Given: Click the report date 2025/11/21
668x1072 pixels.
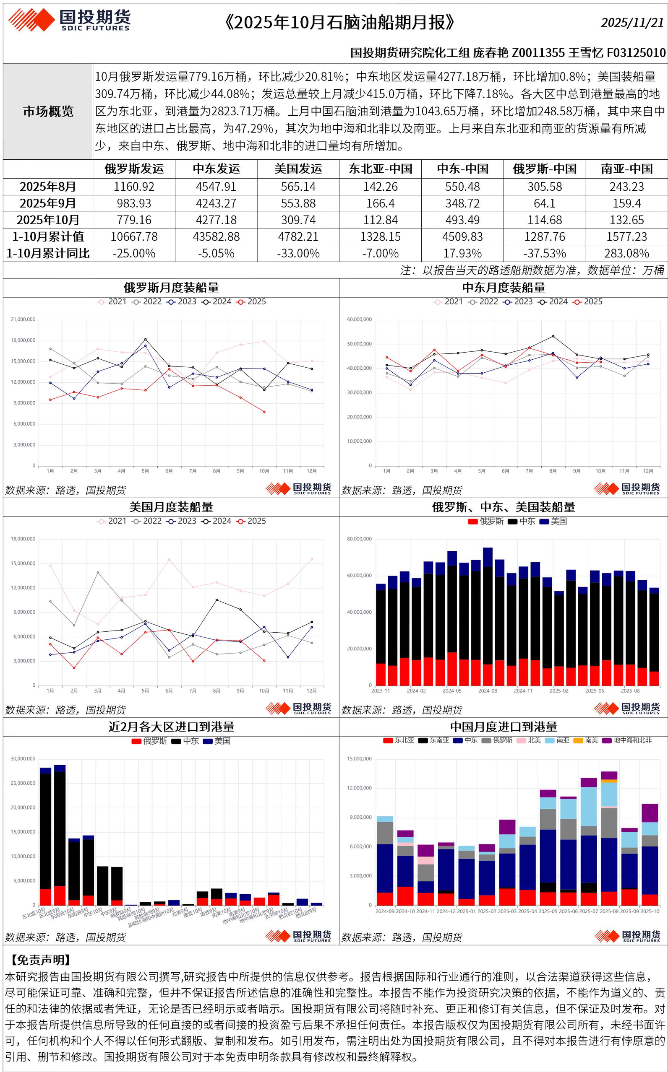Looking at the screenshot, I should click(x=632, y=22).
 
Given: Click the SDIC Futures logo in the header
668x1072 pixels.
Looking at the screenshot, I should click(x=70, y=20).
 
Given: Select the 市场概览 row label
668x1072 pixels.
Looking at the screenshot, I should click(x=48, y=111).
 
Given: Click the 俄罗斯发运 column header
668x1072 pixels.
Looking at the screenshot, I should click(x=134, y=169).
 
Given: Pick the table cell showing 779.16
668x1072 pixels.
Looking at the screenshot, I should click(x=134, y=220).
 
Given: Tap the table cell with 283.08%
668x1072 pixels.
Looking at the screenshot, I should click(x=626, y=253).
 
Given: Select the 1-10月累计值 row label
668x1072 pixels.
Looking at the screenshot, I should click(x=48, y=236).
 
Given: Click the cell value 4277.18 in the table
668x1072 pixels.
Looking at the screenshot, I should click(x=216, y=220).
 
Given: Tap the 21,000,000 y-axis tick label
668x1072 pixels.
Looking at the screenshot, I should click(x=23, y=319).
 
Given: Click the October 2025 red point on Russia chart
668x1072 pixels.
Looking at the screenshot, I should click(x=264, y=412).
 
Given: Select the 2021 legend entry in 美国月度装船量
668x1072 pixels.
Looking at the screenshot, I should click(x=112, y=521).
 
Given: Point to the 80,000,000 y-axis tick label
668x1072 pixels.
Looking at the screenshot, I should click(x=359, y=539).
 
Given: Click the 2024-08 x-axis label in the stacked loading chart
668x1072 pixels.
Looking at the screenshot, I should click(x=487, y=690).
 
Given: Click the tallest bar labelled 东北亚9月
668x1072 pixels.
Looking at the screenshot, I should click(x=60, y=834).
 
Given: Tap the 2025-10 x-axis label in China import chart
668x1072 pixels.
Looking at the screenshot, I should click(x=649, y=911).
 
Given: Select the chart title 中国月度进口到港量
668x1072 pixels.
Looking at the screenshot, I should click(x=504, y=727).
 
